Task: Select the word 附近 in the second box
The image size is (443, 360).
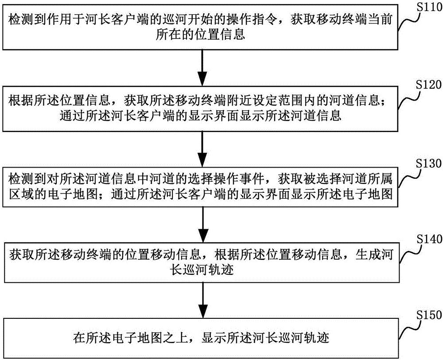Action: [241, 100]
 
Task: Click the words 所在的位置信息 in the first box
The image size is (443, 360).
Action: [202, 35]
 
